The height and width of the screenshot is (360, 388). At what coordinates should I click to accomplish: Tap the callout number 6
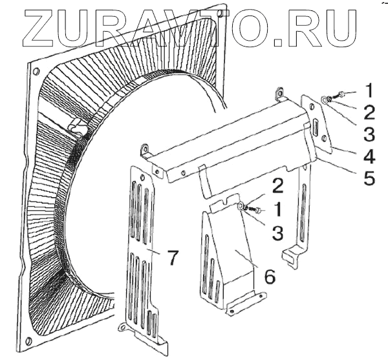[x=269, y=276]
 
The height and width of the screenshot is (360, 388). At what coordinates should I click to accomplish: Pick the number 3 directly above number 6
[x=277, y=232]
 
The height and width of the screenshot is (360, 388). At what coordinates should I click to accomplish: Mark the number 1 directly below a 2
[x=277, y=209]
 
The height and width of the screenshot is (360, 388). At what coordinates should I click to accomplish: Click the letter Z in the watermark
[x=40, y=28]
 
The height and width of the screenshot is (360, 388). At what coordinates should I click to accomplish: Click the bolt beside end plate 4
[x=332, y=98]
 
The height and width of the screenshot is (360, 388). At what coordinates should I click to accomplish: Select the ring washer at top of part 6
[x=241, y=206]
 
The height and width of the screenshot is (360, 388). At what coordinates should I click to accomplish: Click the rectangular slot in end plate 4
[x=315, y=126]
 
